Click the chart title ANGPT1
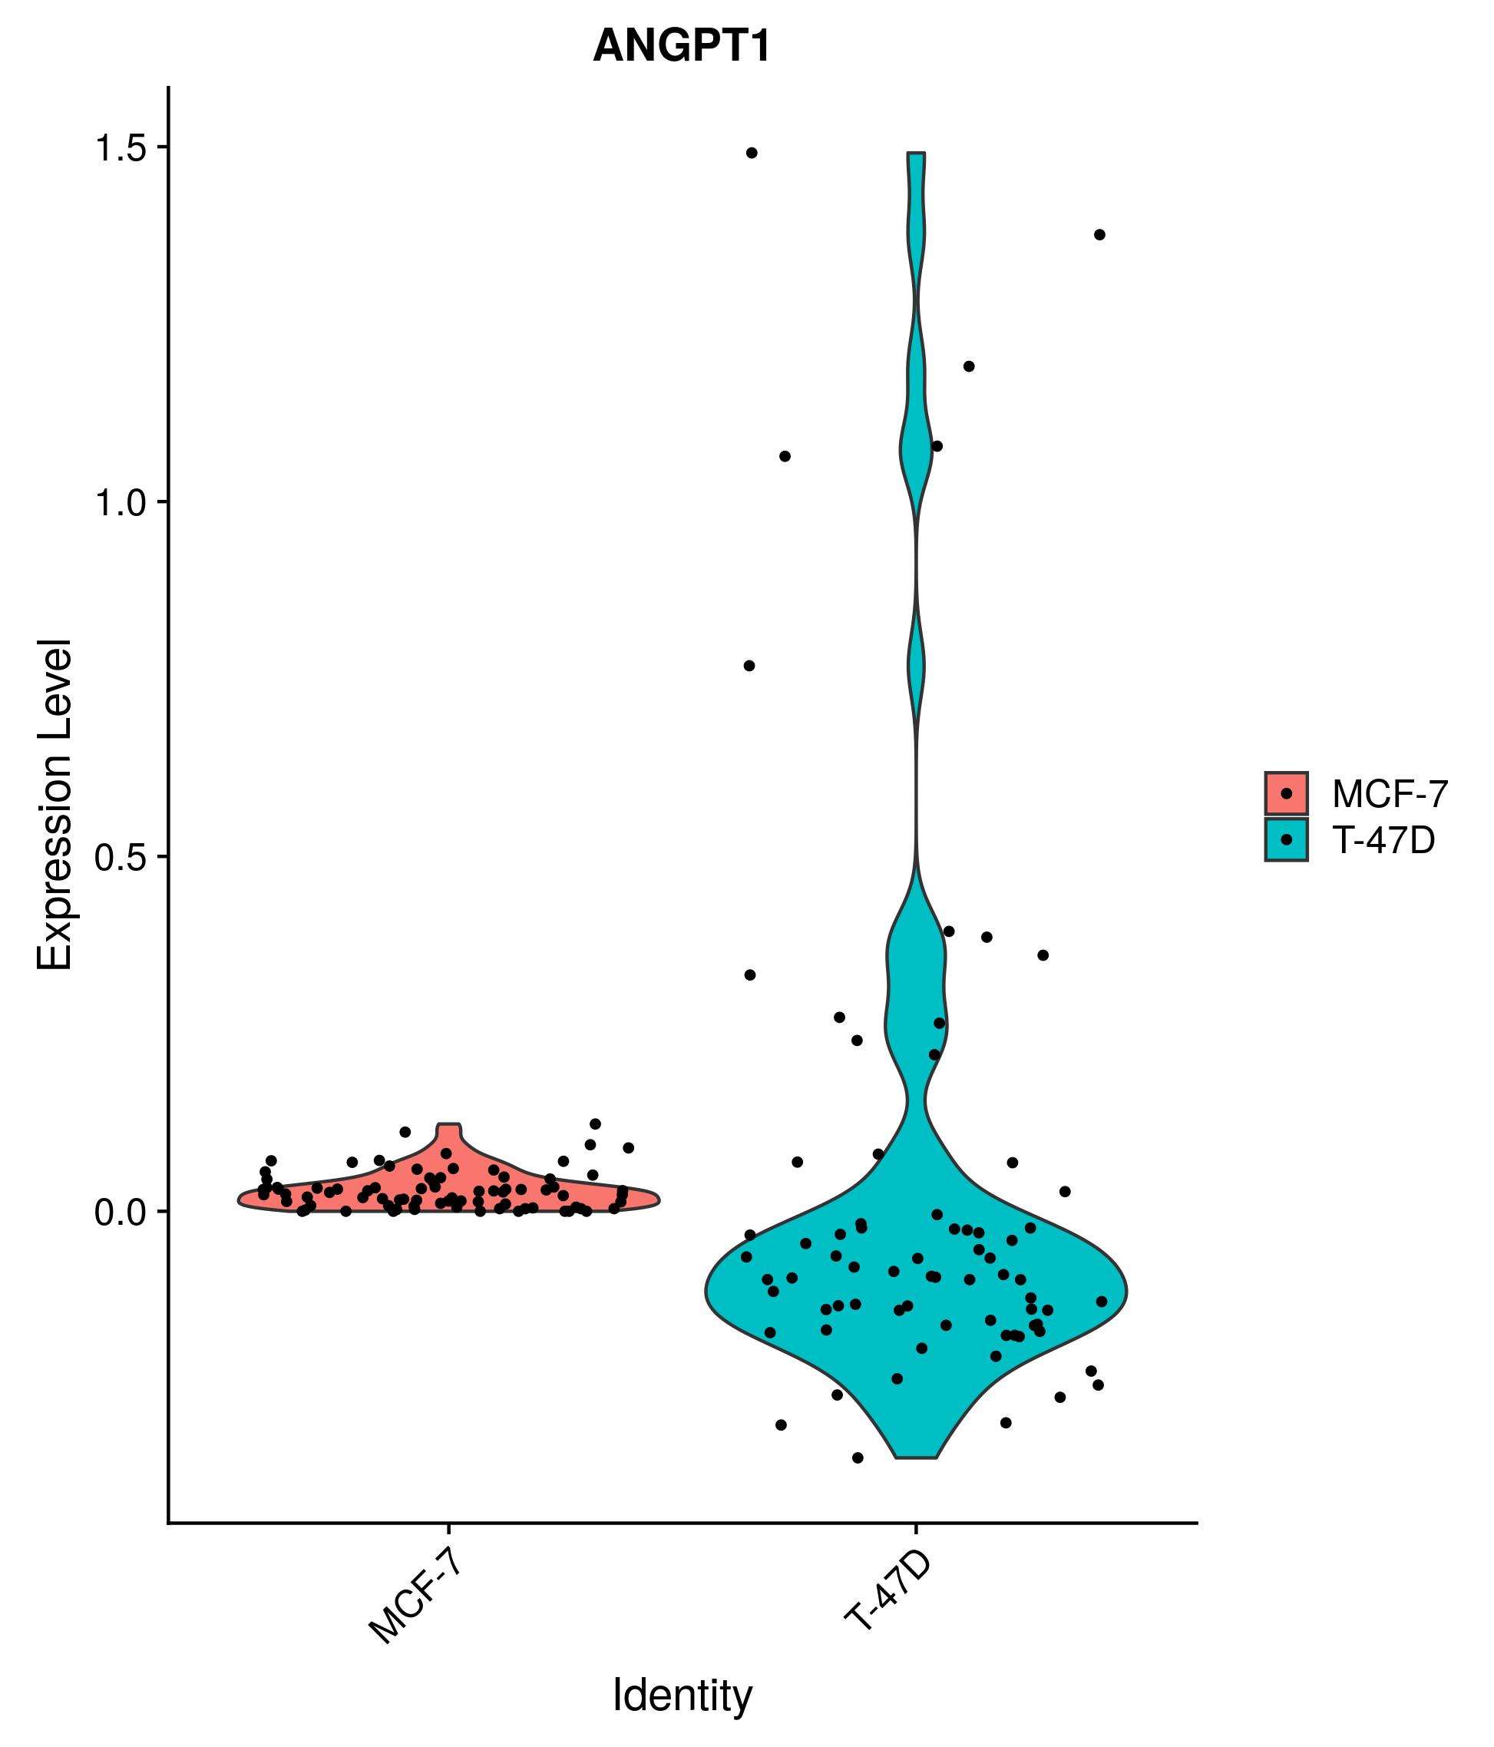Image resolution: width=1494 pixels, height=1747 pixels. point(681,46)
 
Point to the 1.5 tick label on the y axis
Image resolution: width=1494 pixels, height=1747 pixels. point(120,148)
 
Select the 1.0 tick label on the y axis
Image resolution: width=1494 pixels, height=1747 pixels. point(120,505)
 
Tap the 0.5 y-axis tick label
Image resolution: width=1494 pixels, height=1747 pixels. point(120,859)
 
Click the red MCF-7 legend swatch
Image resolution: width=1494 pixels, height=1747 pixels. point(1286,793)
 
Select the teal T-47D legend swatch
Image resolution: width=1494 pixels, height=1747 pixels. point(1286,840)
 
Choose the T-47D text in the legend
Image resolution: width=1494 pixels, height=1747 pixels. point(1383,841)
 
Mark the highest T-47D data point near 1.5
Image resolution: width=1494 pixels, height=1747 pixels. point(751,153)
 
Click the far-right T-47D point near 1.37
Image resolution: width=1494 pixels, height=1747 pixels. point(1099,234)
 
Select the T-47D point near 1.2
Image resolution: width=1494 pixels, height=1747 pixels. point(969,366)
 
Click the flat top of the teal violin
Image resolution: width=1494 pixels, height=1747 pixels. point(917,154)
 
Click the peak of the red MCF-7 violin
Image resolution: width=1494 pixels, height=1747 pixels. point(448,1125)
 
